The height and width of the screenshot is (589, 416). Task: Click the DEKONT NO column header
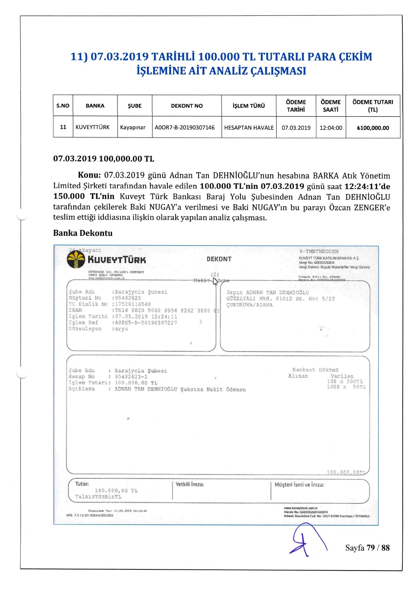coord(187,106)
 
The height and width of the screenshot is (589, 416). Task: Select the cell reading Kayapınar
coord(132,127)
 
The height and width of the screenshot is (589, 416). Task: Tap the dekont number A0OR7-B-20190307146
coord(185,127)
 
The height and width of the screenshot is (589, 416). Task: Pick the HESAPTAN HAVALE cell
coord(249,128)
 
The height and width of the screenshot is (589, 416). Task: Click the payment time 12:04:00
coord(331,128)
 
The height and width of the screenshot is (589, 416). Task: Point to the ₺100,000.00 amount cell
coord(373,128)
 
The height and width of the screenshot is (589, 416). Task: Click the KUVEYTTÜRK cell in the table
coord(93,127)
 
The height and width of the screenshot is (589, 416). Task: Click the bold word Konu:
coord(89,175)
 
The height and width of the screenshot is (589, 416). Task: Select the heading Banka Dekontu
coord(83,233)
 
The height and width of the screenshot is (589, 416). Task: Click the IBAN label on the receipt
coord(75,310)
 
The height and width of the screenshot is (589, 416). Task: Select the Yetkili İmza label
coord(190,484)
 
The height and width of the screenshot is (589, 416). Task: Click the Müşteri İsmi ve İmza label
coord(299,485)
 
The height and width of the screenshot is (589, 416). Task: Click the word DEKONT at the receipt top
coord(219,259)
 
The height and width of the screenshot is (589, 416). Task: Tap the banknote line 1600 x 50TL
coord(346,387)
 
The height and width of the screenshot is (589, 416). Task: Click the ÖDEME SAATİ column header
coord(330,106)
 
